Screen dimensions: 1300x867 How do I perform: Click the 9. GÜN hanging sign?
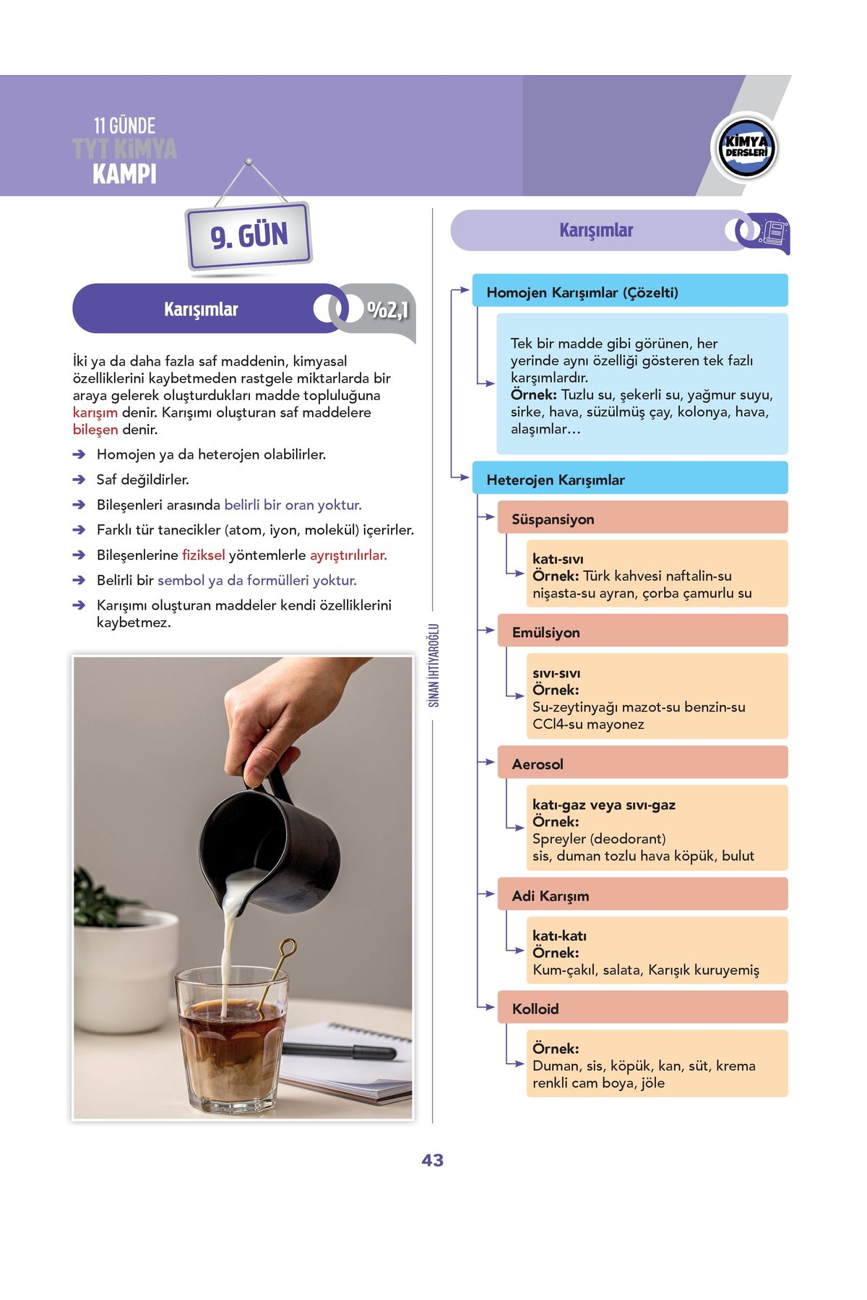pyautogui.click(x=249, y=235)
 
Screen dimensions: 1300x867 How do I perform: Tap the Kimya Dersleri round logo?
pyautogui.click(x=746, y=148)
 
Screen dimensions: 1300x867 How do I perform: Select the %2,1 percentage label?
pyautogui.click(x=387, y=310)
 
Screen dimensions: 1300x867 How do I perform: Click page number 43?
pyautogui.click(x=432, y=1160)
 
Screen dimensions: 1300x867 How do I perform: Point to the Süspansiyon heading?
pyautogui.click(x=553, y=519)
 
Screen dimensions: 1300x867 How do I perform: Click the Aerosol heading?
pyautogui.click(x=538, y=764)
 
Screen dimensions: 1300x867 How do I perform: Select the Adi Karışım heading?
pyautogui.click(x=551, y=896)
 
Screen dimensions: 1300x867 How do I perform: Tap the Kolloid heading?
pyautogui.click(x=535, y=1009)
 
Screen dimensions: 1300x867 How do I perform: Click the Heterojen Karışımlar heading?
pyautogui.click(x=556, y=480)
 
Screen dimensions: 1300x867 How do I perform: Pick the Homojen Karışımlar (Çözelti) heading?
pyautogui.click(x=582, y=292)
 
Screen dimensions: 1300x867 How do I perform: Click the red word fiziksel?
pyautogui.click(x=203, y=555)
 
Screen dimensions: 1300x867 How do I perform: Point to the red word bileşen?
pyautogui.click(x=95, y=430)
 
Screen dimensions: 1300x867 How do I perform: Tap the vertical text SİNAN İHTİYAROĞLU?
pyautogui.click(x=433, y=665)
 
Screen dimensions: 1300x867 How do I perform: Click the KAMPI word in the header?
pyautogui.click(x=124, y=174)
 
